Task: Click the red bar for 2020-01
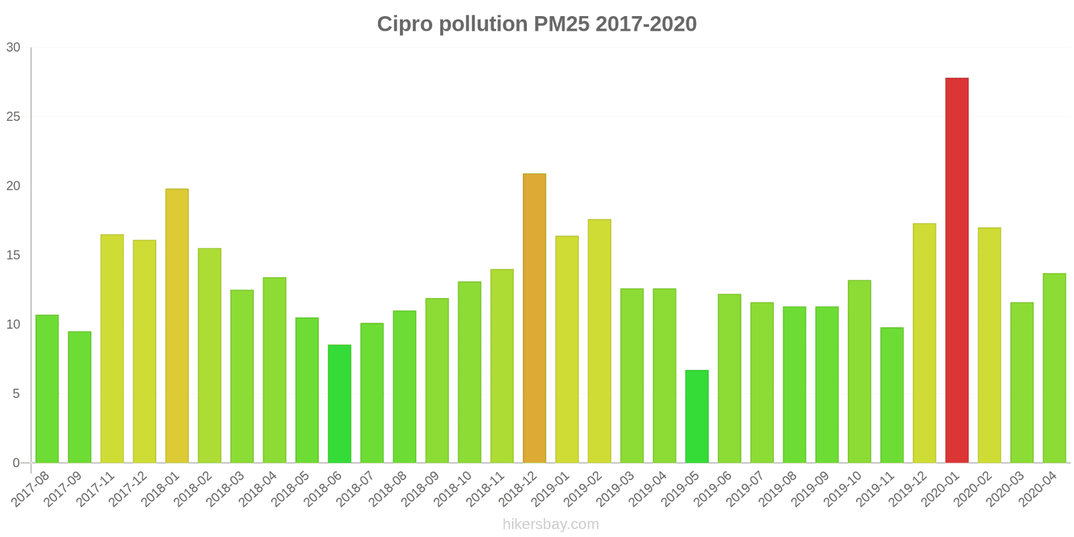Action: [x=957, y=270]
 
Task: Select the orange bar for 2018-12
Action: [x=534, y=318]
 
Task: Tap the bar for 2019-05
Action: [x=697, y=416]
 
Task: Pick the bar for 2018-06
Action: [x=339, y=403]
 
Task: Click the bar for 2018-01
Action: [x=177, y=326]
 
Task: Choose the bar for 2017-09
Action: [x=79, y=397]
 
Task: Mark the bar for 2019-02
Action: [x=599, y=341]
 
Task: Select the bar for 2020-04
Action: [x=1054, y=368]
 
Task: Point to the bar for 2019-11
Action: [x=891, y=395]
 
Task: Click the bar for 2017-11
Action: [x=112, y=348]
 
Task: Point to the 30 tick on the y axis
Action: [x=13, y=48]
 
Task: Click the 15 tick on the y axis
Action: [x=13, y=256]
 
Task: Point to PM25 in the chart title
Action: [x=561, y=24]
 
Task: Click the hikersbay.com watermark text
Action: [x=550, y=524]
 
